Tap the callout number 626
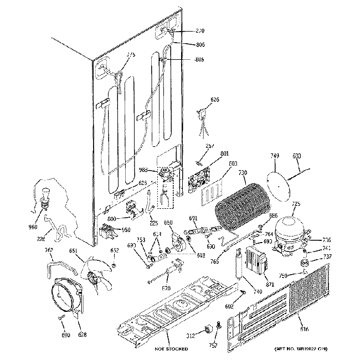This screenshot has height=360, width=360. tap(214, 100)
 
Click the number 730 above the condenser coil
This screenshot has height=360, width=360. tap(243, 173)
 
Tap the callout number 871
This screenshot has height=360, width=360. tap(270, 284)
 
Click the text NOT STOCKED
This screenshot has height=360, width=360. tap(171, 349)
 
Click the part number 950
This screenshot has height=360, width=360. tap(127, 230)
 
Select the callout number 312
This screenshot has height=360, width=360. tap(191, 335)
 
